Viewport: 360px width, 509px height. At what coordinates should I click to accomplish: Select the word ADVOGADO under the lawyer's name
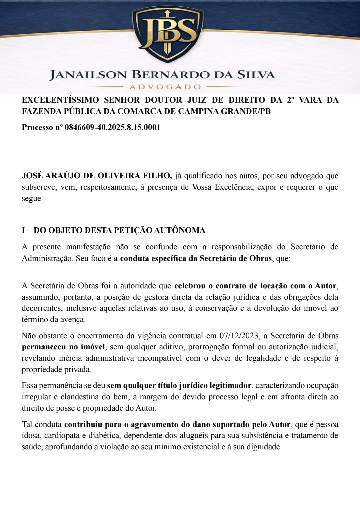[165, 87]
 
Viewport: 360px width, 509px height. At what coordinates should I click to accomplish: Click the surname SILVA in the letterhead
[256, 75]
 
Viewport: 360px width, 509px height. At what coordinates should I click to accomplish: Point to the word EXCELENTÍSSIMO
[60, 100]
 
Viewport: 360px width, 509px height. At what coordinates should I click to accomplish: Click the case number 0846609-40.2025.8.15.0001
[112, 127]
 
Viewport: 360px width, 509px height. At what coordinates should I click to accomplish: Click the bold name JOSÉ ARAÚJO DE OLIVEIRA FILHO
[97, 176]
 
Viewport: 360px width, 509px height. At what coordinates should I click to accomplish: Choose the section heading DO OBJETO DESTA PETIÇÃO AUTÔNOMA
[119, 230]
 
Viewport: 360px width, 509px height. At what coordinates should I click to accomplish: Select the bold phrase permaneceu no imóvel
[63, 347]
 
